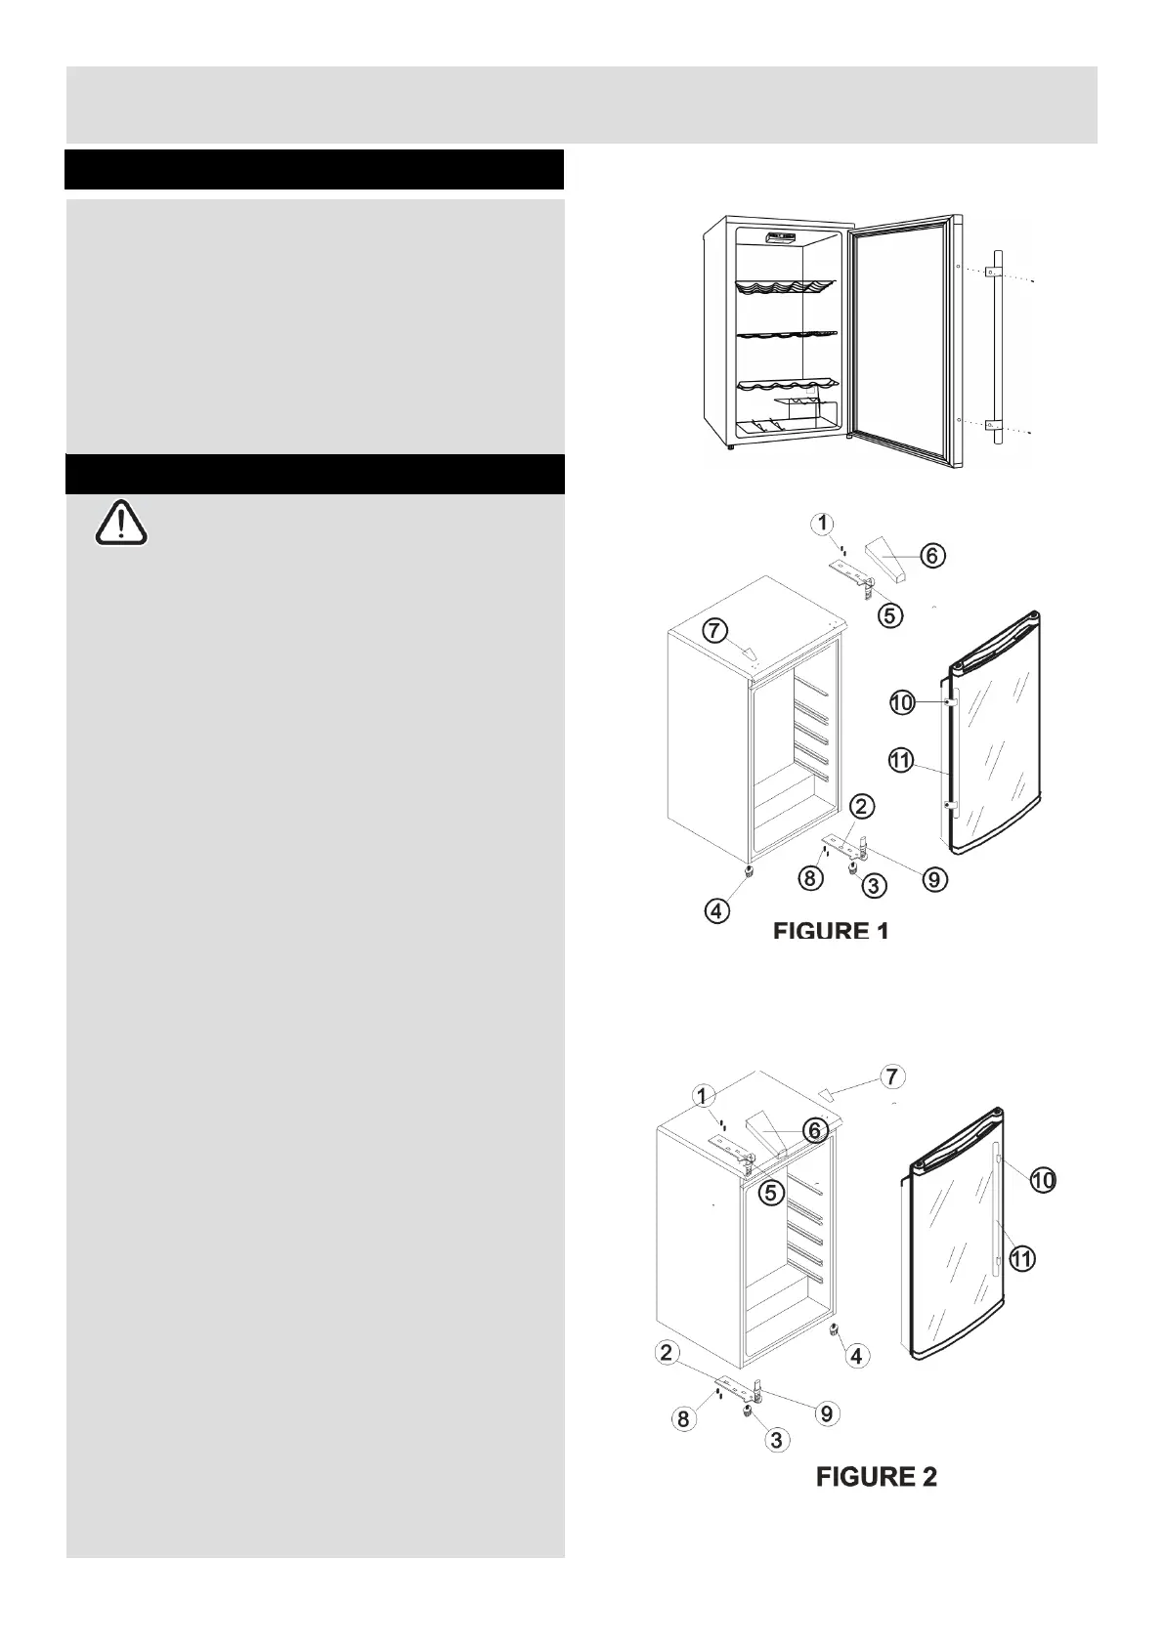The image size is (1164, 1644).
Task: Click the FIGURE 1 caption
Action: pos(831,931)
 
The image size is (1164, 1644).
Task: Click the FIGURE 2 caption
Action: pos(877,1477)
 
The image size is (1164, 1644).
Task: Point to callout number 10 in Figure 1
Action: pos(901,702)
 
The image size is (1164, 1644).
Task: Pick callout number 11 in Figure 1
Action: pos(901,760)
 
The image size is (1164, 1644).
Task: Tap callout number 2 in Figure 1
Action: pos(862,806)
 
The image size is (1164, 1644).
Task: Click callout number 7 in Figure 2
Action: pos(891,1077)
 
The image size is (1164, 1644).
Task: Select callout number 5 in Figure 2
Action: pos(772,1192)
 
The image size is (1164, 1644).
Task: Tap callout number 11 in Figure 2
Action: pos(1022,1259)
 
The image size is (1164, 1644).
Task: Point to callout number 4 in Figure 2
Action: pos(856,1356)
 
